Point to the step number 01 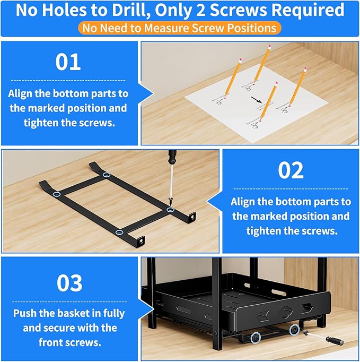pyautogui.click(x=68, y=62)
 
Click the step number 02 pyautogui.click(x=291, y=170)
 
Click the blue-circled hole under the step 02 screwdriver pyautogui.click(x=171, y=210)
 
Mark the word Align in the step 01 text pyautogui.click(x=21, y=93)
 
